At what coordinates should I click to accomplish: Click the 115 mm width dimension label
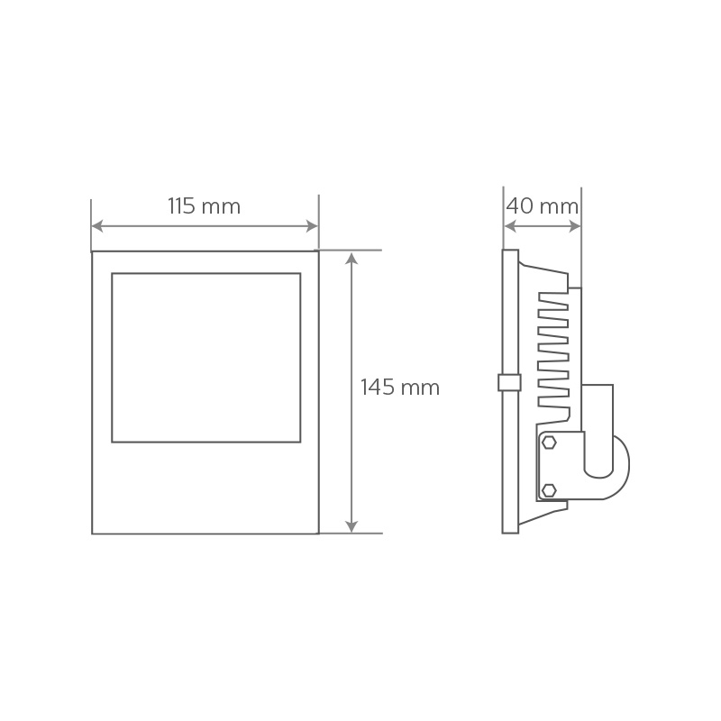205,206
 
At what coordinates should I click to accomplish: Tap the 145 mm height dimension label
400,388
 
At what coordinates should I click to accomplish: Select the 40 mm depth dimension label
543,206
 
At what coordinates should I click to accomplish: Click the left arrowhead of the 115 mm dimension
97,226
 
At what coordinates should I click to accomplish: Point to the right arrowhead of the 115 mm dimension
312,226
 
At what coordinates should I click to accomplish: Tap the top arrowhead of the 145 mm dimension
351,258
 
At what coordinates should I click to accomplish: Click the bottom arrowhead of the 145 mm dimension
351,526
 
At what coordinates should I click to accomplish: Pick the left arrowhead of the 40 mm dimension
510,226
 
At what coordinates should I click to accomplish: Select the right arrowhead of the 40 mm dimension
575,226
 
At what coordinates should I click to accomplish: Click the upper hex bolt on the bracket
549,443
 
